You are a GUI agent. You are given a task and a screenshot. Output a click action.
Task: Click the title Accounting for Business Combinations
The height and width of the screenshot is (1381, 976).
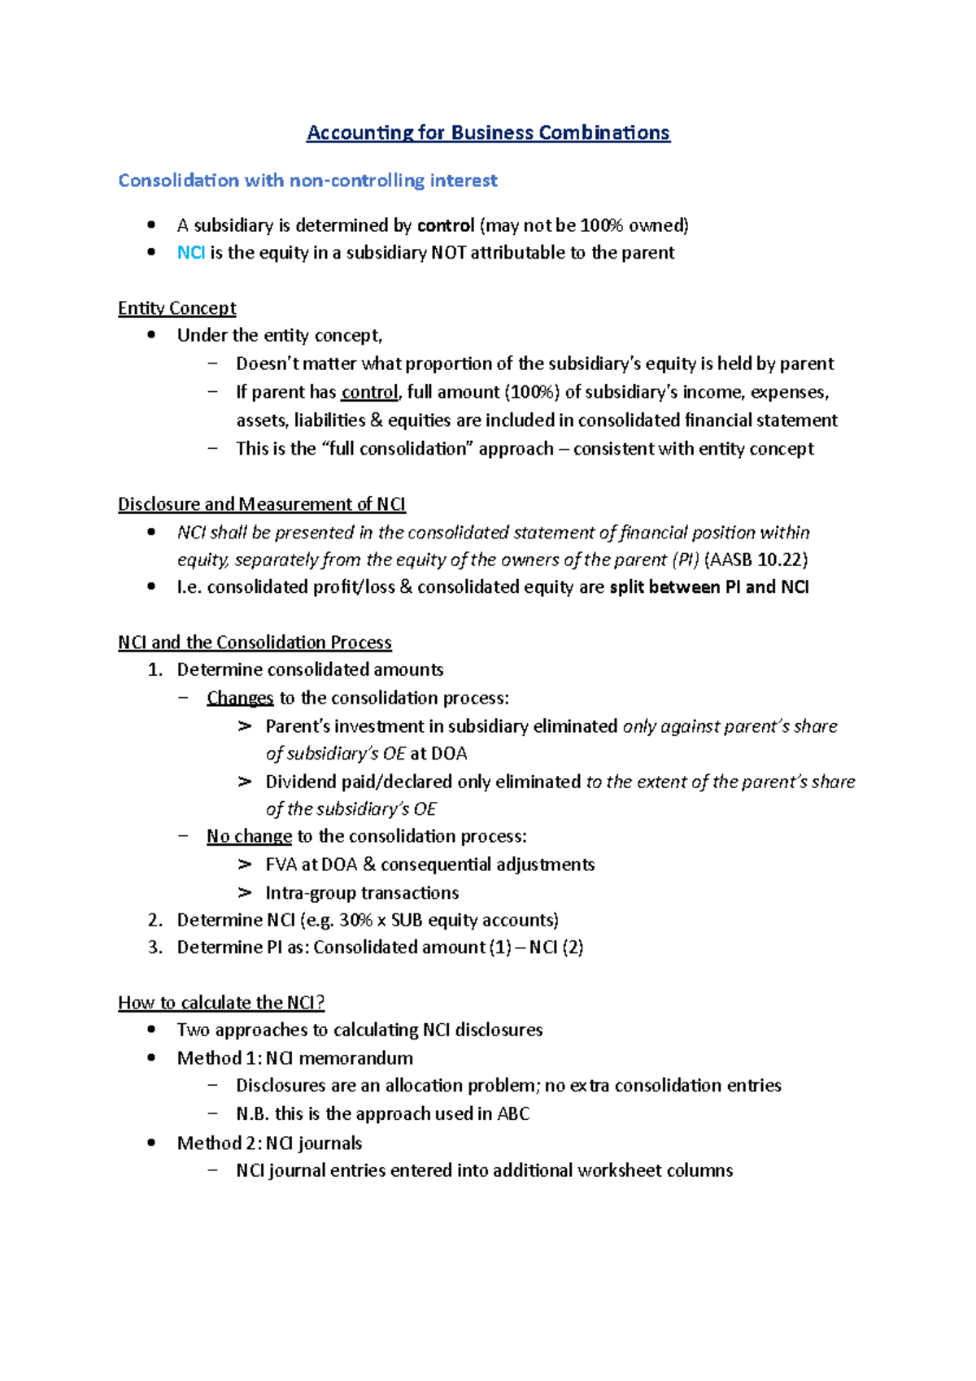click(488, 133)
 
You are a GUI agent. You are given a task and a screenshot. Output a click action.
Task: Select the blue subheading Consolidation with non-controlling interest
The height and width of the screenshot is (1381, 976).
click(307, 181)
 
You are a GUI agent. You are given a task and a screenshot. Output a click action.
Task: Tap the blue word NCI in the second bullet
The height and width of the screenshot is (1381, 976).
click(190, 253)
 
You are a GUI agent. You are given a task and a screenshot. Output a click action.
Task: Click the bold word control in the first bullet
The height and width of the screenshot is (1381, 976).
click(446, 225)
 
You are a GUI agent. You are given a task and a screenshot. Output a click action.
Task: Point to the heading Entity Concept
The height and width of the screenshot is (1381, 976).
click(176, 308)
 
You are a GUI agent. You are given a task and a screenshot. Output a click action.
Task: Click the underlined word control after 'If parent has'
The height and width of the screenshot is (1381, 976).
click(369, 392)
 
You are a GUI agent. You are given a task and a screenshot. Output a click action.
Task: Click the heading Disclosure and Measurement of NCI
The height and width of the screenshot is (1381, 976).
click(261, 504)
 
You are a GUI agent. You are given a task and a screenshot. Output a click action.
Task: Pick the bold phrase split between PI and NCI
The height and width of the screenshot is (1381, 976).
click(708, 587)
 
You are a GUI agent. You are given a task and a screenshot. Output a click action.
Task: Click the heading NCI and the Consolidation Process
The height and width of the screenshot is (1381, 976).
click(255, 643)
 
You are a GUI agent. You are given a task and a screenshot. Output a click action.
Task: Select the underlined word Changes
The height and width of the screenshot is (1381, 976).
click(240, 698)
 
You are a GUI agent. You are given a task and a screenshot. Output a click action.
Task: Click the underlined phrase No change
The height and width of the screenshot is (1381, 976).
click(249, 836)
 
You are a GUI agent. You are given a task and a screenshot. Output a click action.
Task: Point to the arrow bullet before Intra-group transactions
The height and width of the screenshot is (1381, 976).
click(245, 893)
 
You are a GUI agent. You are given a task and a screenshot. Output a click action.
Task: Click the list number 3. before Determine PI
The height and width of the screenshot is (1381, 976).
click(155, 948)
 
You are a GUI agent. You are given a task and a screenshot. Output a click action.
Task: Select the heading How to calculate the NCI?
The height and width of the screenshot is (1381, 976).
click(221, 1003)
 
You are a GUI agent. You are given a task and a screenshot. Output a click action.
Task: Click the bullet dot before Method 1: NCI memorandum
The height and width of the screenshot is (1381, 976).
click(151, 1058)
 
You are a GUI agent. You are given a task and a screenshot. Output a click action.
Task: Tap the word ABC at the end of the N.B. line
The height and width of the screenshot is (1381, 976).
click(513, 1114)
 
